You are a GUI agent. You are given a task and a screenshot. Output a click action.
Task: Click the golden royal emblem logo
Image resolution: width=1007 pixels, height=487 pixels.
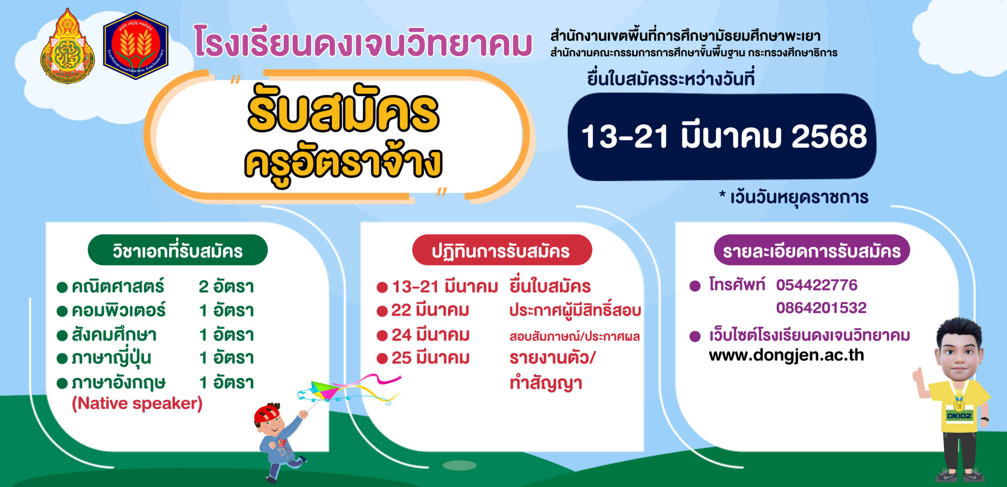pos(68,46)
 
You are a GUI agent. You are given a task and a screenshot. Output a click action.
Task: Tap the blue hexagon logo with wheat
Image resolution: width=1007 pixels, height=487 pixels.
pos(136,46)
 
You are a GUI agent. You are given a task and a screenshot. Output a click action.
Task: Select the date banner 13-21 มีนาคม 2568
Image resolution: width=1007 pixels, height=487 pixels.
pos(723,137)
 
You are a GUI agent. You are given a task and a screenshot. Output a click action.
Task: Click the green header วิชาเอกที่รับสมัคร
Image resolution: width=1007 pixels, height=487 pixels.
pos(178,250)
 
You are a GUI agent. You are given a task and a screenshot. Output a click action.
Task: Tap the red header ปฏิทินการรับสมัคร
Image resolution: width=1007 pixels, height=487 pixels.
pos(502,250)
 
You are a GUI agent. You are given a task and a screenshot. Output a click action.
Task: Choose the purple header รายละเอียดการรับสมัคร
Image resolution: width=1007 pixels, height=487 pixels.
pos(812,250)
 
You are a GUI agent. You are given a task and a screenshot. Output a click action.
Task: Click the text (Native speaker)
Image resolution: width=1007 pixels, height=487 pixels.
pos(137,404)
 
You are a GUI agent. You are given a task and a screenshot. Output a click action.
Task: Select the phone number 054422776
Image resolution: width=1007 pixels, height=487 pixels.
pos(817,285)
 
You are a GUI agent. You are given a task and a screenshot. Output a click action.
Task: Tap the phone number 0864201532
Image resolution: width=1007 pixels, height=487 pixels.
pos(821,308)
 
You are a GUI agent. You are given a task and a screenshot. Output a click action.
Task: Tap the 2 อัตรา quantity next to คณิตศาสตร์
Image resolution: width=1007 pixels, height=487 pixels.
pos(226,287)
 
